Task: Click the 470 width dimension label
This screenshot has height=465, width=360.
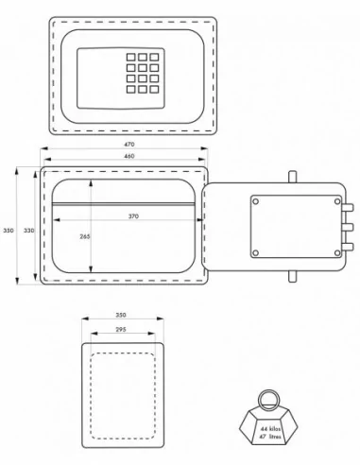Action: pyautogui.click(x=129, y=145)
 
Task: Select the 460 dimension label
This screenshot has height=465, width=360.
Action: pyautogui.click(x=129, y=156)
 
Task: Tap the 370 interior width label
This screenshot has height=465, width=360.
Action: pyautogui.click(x=133, y=216)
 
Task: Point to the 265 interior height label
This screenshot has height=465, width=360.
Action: pyautogui.click(x=85, y=236)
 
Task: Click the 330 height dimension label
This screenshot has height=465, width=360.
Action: pyautogui.click(x=29, y=231)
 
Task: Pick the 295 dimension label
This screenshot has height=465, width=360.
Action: pyautogui.click(x=121, y=330)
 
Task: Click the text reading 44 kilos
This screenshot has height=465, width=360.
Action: pyautogui.click(x=270, y=429)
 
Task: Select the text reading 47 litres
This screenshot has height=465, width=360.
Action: pyautogui.click(x=270, y=437)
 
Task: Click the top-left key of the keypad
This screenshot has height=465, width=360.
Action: pyautogui.click(x=131, y=57)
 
